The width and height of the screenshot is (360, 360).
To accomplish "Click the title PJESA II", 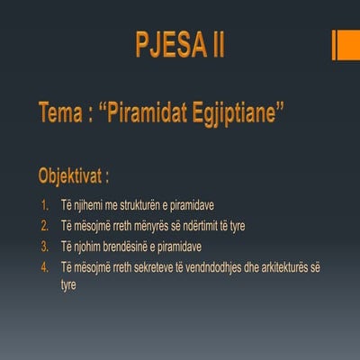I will click(x=180, y=45).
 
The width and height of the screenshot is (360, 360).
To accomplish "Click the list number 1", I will click(x=46, y=204).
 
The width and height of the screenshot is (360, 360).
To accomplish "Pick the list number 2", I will click(x=46, y=225).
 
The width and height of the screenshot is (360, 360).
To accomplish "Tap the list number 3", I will click(x=46, y=246).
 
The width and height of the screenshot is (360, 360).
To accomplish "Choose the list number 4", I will click(x=46, y=266).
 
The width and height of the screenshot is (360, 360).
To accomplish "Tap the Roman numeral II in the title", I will click(x=214, y=45).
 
